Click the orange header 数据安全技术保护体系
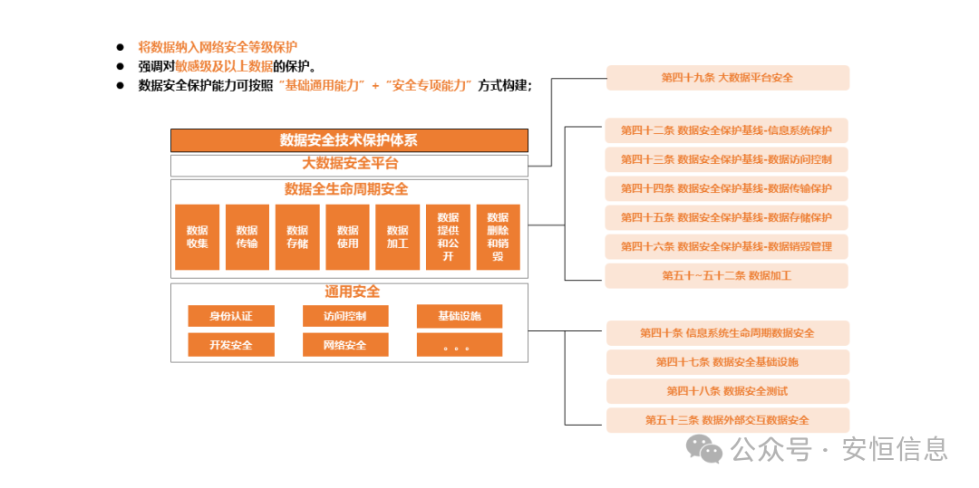(349, 140)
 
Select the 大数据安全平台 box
(349, 165)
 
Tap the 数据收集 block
(198, 236)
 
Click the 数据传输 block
(247, 236)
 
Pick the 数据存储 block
(297, 236)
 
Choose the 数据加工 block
(397, 236)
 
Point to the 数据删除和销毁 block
(498, 236)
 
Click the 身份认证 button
(231, 316)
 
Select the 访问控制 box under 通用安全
(345, 316)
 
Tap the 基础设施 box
(460, 316)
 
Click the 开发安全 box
(231, 345)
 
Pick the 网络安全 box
(345, 345)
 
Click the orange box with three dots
(460, 345)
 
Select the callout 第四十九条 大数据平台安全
(727, 78)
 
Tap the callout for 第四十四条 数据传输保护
(727, 188)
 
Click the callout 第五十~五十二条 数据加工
(727, 275)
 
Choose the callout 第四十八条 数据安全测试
(727, 391)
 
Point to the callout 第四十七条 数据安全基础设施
(727, 362)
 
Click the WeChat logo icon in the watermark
(703, 447)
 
